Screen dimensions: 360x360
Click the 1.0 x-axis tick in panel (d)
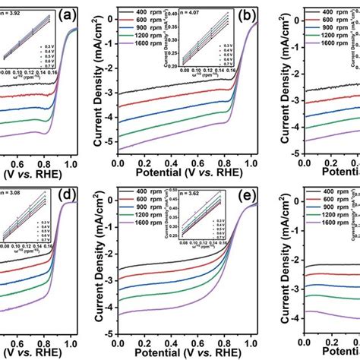click(71, 340)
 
